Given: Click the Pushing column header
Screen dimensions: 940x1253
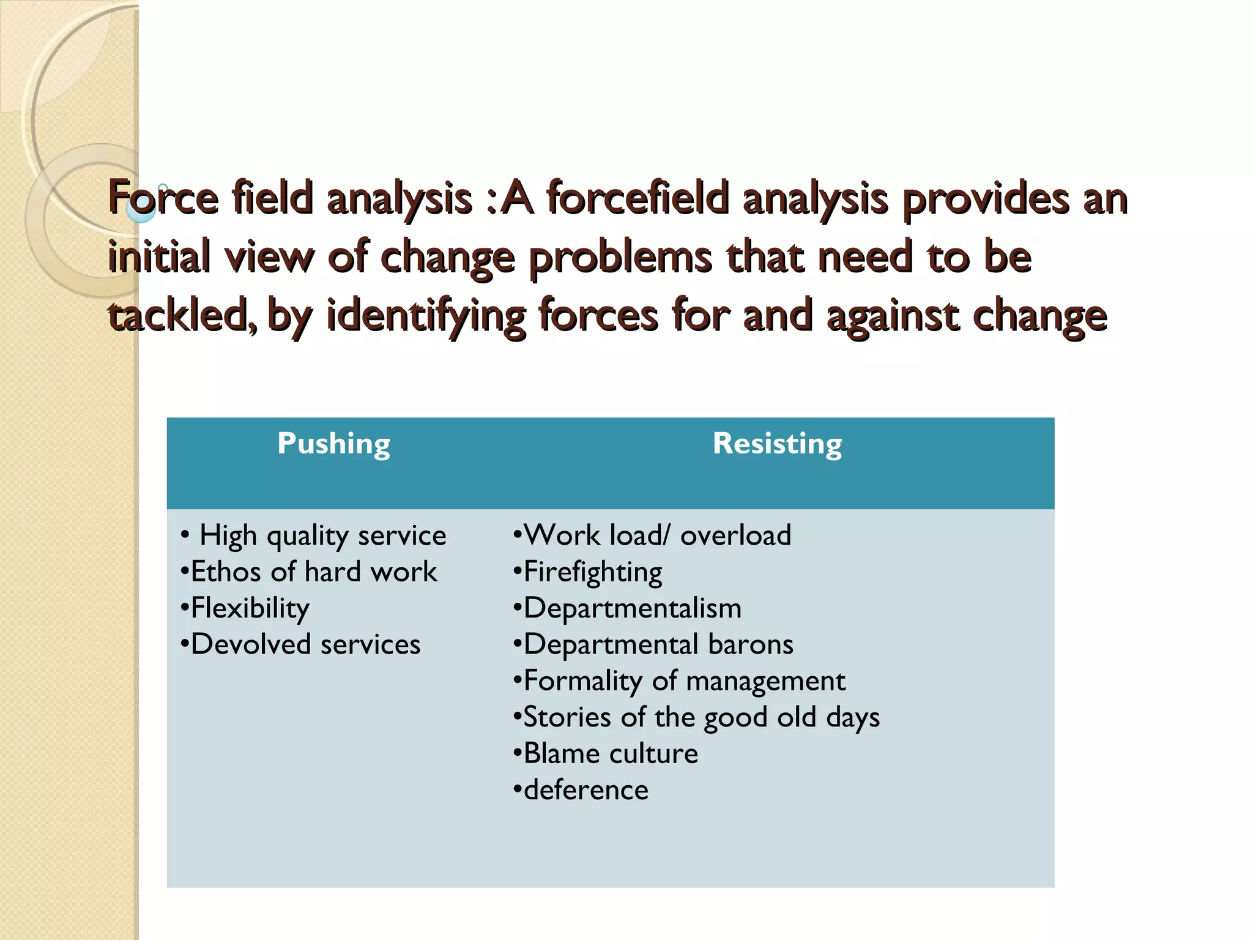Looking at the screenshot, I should tap(333, 444).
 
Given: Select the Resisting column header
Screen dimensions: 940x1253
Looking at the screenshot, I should tap(777, 444).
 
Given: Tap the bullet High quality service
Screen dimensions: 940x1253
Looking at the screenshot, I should tap(322, 535).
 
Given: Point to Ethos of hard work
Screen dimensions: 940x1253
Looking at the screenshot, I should tap(314, 572).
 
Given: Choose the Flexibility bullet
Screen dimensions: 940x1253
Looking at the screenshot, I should tap(250, 608).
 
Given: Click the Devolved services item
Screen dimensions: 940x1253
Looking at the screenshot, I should tap(305, 644).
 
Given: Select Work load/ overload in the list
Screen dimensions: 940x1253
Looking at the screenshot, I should tap(657, 535).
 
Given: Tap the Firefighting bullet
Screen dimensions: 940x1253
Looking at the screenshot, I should tap(592, 572).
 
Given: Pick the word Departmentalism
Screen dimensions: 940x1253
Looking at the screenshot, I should tap(632, 608).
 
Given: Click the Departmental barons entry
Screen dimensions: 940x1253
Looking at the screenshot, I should tap(658, 644).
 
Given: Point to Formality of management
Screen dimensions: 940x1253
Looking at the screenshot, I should tap(684, 681).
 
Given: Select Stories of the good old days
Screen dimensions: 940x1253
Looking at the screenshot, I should tap(701, 717).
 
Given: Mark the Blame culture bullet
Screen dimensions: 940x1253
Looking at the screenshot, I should tap(610, 753).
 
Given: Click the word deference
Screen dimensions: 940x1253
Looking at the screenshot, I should tap(586, 790).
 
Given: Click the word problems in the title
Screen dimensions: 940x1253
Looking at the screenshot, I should tap(620, 257).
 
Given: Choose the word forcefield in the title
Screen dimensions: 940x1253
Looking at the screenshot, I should tap(638, 199).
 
